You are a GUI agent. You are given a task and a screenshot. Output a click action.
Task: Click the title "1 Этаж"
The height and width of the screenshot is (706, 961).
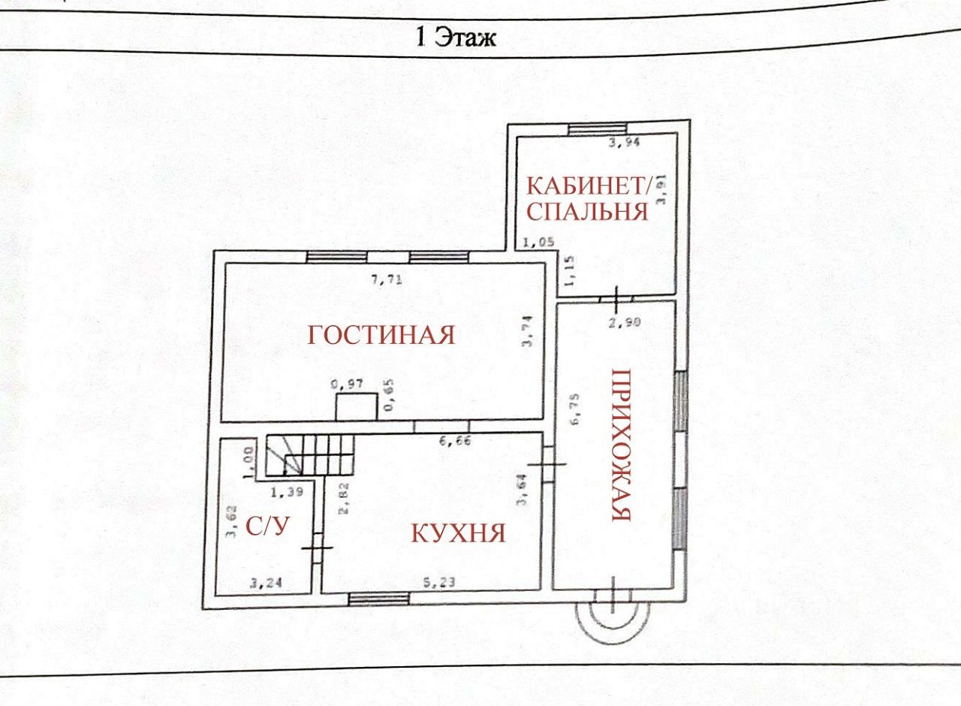(x=456, y=36)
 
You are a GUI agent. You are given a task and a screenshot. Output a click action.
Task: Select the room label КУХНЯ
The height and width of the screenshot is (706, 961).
(x=457, y=533)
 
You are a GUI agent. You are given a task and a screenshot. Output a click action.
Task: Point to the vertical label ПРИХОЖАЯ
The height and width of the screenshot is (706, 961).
(x=619, y=445)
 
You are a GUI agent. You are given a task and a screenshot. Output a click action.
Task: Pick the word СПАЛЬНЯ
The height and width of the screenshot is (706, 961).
(x=586, y=211)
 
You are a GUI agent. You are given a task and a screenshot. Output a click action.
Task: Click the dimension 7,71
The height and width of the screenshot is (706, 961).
(x=387, y=280)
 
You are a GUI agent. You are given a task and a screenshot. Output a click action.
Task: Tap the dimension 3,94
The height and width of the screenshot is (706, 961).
(x=622, y=146)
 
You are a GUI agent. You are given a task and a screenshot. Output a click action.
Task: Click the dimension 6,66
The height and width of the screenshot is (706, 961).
(x=455, y=442)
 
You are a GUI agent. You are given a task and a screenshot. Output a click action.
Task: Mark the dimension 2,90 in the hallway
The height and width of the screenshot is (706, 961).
(x=623, y=323)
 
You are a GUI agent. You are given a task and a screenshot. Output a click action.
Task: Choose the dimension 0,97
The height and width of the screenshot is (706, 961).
(x=348, y=385)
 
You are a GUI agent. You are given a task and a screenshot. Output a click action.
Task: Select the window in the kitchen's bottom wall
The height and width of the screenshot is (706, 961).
(x=379, y=599)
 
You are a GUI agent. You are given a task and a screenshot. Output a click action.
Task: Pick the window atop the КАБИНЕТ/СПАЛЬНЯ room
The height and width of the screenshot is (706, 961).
(x=597, y=128)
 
